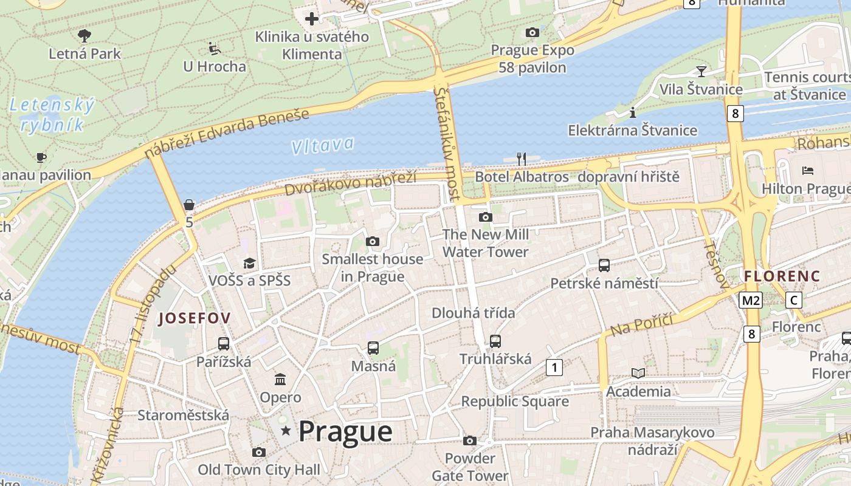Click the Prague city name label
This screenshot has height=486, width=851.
(345, 431)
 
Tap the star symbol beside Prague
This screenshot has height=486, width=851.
(286, 431)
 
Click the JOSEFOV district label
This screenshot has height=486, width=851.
(195, 318)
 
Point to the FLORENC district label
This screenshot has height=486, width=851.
(782, 276)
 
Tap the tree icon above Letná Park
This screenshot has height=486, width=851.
(84, 35)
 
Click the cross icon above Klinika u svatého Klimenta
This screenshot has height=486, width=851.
(312, 19)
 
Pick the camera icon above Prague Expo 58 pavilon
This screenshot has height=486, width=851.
(532, 32)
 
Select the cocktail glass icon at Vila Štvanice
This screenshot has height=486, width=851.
(701, 71)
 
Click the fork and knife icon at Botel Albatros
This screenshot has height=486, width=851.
(521, 159)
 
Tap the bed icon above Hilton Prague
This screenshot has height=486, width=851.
(808, 171)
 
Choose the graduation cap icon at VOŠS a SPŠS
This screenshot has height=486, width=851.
(249, 263)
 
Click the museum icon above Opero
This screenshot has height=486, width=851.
(280, 380)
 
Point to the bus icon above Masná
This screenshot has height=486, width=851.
(373, 348)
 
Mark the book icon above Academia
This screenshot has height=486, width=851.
(638, 373)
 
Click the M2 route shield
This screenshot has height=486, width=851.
(751, 300)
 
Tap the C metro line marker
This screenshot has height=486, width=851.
(793, 300)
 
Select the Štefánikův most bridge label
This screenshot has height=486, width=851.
(447, 144)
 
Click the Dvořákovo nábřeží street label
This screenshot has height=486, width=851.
(350, 184)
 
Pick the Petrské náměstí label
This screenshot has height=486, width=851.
(604, 283)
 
